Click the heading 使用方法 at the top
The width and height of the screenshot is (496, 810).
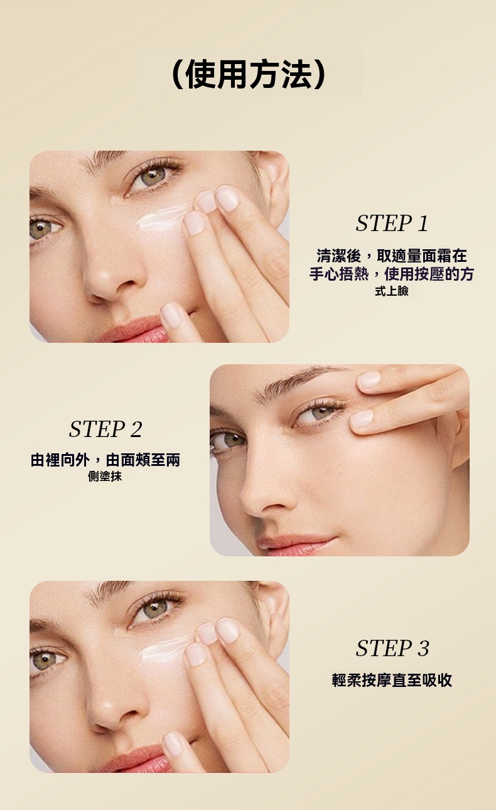249,73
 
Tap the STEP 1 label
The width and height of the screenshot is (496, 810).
392,223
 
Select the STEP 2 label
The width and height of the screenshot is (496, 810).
105,429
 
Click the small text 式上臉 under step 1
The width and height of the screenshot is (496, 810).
392,291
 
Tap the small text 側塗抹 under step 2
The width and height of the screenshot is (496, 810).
105,477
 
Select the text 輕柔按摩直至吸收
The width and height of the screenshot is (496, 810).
392,680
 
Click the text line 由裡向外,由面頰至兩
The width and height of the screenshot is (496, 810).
105,460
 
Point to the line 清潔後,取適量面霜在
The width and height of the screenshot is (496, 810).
392,256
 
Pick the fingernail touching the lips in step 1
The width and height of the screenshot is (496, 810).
171,315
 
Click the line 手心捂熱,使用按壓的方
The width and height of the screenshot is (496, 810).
392,274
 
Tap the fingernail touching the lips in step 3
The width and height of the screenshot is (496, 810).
173,745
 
